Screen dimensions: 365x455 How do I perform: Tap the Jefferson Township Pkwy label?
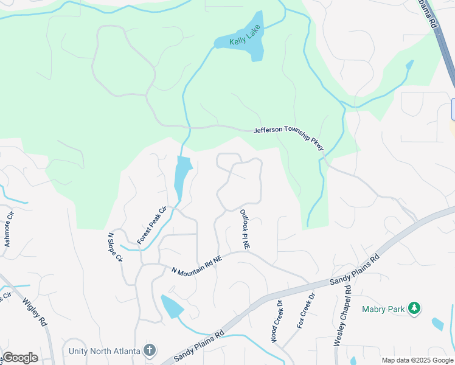click(x=289, y=138)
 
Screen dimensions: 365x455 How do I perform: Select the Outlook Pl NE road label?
click(x=245, y=229)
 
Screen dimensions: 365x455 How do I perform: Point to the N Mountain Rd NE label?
click(x=197, y=265)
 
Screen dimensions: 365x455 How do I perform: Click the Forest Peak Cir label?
click(x=152, y=226)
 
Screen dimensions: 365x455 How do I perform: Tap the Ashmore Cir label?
click(x=9, y=229)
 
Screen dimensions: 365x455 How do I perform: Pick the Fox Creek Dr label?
click(x=306, y=311)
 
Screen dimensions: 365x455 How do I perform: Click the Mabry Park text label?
click(x=383, y=309)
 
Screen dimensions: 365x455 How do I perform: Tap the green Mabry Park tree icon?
click(x=414, y=308)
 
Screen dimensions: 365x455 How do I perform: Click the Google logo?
click(x=20, y=358)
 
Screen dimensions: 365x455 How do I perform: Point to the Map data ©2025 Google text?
click(x=417, y=360)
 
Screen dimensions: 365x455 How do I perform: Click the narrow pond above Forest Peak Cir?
click(x=181, y=176)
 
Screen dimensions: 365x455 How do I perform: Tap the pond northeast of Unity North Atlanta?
click(x=172, y=306)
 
